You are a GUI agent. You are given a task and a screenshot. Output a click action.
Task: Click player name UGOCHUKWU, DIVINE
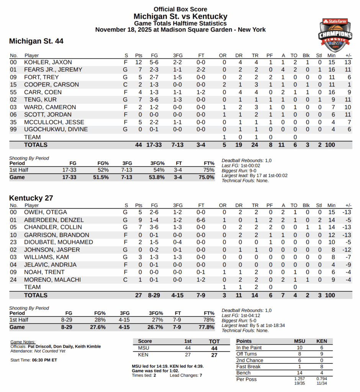tap(56, 129)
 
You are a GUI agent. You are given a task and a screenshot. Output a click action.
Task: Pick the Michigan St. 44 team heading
tap(36, 41)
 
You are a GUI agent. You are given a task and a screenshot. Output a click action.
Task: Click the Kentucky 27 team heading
tap(31, 198)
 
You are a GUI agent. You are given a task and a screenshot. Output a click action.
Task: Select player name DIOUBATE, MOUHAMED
tap(59, 242)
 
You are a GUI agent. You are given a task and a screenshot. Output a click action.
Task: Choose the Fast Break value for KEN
tap(322, 367)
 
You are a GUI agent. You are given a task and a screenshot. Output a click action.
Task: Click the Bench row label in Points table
tap(244, 373)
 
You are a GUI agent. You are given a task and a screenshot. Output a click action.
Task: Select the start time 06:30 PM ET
tap(44, 360)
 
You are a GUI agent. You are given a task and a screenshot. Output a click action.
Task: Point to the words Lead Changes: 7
tap(186, 376)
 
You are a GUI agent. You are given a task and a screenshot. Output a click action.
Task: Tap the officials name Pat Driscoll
tap(42, 346)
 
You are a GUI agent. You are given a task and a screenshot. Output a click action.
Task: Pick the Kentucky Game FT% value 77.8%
tap(206, 327)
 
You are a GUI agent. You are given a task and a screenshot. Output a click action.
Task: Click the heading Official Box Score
tap(180, 9)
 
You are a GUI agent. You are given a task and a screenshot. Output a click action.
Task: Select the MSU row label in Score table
tap(144, 348)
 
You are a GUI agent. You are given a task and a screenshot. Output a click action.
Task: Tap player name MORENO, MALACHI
tap(52, 280)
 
